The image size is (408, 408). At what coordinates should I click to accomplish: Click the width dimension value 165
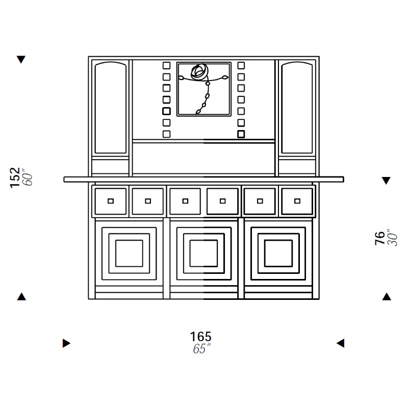(x=200, y=337)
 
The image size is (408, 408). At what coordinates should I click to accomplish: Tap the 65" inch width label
(x=201, y=349)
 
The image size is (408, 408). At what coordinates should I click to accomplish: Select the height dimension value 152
(x=15, y=177)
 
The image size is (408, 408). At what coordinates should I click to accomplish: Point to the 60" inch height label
(x=28, y=177)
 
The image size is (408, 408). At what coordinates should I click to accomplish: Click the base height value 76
(x=380, y=238)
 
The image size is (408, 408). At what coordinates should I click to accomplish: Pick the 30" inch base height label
(x=393, y=238)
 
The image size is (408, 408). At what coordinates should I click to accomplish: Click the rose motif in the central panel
(x=199, y=72)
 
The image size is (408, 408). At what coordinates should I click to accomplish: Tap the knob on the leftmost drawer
(x=111, y=201)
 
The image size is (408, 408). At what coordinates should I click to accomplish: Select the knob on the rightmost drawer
(x=297, y=201)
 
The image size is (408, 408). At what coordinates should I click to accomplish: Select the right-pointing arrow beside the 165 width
(x=66, y=343)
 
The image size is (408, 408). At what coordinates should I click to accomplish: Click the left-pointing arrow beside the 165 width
(x=340, y=343)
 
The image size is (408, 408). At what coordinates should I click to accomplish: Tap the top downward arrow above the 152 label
(x=21, y=59)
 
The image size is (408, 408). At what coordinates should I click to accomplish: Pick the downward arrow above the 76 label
(x=386, y=181)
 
